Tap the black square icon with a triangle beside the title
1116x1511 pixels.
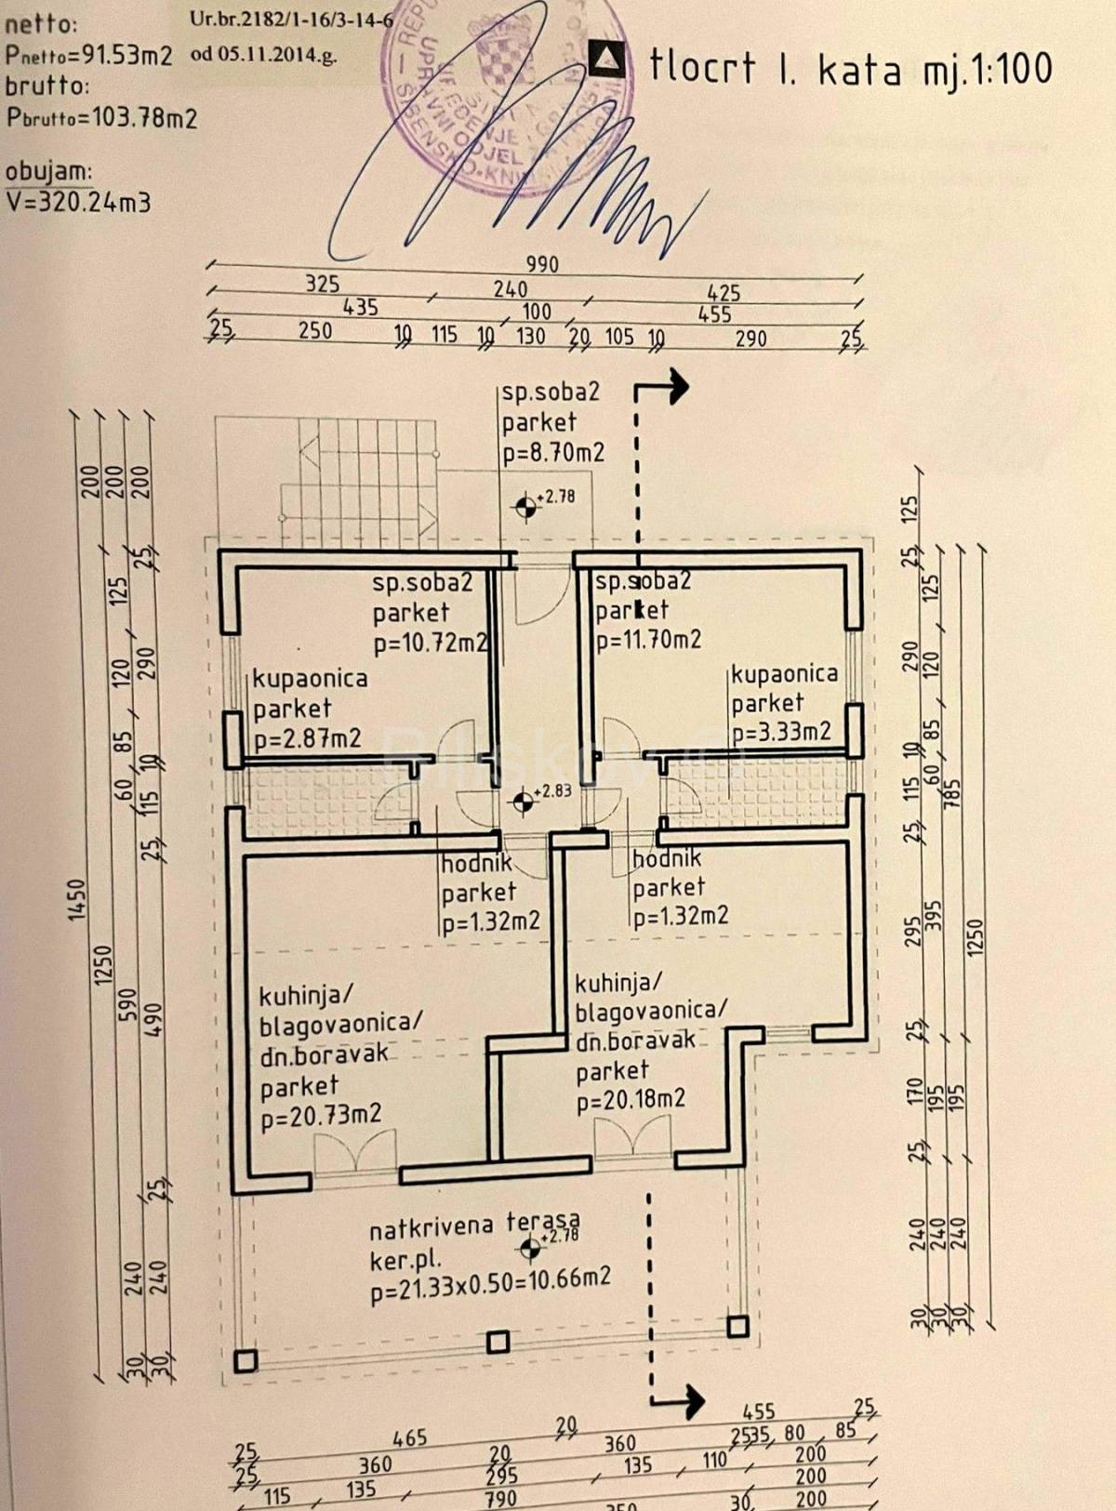tap(608, 58)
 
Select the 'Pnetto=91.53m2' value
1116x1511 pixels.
tap(89, 54)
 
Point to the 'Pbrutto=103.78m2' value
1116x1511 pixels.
tap(101, 118)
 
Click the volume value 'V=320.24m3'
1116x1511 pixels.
tap(78, 202)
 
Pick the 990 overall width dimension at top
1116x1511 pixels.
tap(542, 264)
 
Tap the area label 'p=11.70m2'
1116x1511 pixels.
tap(648, 640)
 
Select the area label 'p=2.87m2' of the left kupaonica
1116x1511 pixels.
tap(307, 739)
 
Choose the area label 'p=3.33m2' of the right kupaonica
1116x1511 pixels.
tap(781, 732)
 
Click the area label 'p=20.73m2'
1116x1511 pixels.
tap(321, 1116)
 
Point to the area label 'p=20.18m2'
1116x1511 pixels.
tap(631, 1100)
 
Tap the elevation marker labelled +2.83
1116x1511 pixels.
tap(525, 799)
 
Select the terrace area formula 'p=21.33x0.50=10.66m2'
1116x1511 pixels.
tap(490, 1280)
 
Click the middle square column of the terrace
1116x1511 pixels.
tap(498, 1342)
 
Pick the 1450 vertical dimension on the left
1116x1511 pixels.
tap(78, 899)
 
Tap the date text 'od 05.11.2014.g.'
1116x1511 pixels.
tap(263, 53)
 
